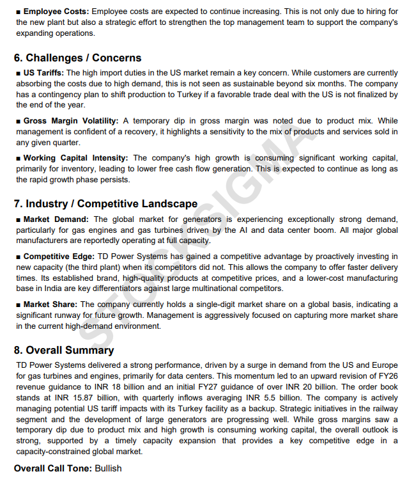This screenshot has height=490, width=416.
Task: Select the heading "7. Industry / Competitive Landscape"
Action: (x=105, y=204)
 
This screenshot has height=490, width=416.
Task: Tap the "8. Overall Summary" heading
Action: (x=64, y=350)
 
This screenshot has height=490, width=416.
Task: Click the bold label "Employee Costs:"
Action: (x=56, y=12)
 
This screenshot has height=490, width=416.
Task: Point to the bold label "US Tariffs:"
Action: (x=43, y=73)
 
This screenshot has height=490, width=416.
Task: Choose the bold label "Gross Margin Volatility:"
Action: (x=71, y=121)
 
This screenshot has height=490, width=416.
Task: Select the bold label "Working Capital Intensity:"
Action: (x=75, y=158)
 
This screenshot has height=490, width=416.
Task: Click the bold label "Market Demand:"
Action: (x=56, y=219)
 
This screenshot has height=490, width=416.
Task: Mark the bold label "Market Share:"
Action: (x=50, y=304)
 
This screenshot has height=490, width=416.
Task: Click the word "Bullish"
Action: (x=108, y=468)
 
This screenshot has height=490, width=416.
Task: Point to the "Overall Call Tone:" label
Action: (x=53, y=468)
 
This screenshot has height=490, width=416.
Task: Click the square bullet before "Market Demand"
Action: (x=18, y=219)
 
